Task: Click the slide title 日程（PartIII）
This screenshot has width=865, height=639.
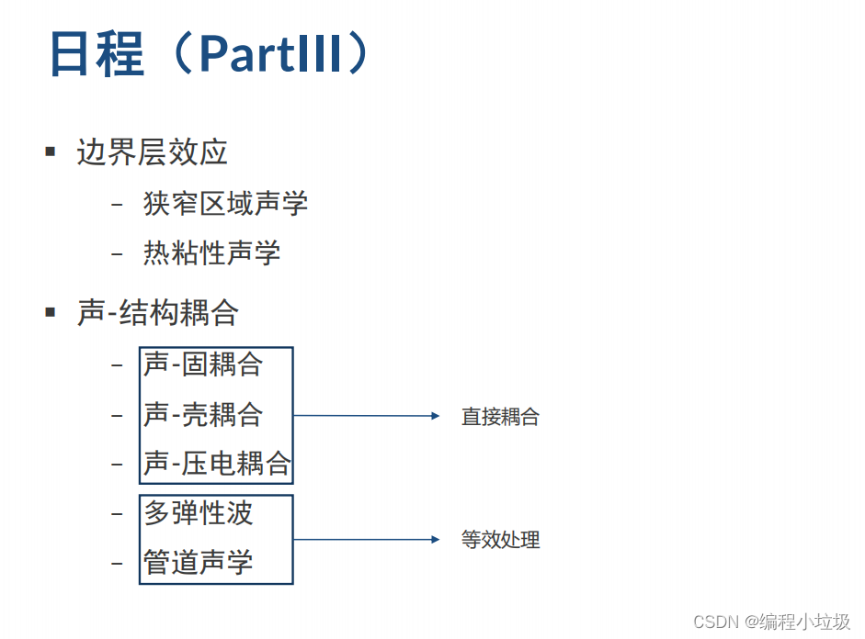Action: [210, 54]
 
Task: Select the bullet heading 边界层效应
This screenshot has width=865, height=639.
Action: [152, 152]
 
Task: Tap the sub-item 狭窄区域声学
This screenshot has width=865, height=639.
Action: [225, 203]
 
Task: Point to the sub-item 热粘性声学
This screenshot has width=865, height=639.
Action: [211, 252]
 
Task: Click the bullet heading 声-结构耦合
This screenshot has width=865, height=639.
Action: [158, 313]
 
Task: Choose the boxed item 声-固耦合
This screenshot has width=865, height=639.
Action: [203, 364]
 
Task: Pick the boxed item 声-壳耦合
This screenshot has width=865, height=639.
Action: [203, 414]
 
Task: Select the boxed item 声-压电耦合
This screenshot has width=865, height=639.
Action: [217, 464]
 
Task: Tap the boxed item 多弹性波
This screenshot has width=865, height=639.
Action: [199, 513]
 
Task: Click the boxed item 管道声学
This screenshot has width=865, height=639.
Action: [199, 562]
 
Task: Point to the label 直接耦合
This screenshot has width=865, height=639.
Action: [500, 417]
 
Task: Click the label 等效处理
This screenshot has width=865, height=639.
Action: [500, 540]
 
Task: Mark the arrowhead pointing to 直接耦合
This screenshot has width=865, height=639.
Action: [436, 416]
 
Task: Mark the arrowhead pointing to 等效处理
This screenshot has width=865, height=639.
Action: [436, 539]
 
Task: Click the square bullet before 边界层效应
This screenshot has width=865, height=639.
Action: [51, 151]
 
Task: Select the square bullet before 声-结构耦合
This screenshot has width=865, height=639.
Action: [51, 312]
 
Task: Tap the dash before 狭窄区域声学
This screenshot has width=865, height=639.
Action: [117, 204]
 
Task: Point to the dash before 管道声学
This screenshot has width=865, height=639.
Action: [117, 563]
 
